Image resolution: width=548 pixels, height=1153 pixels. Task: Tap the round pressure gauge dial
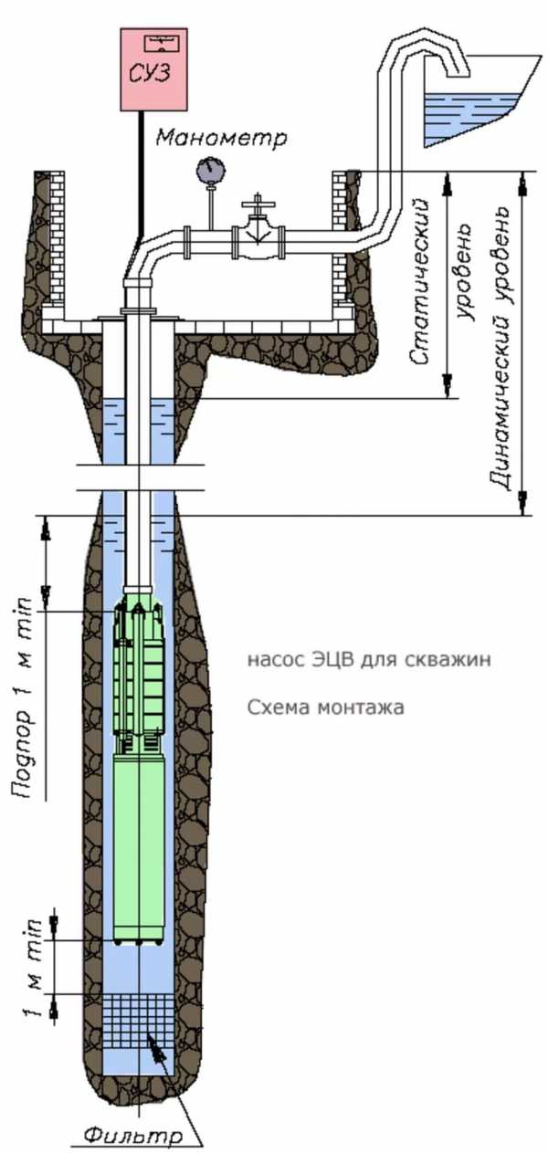[210, 170]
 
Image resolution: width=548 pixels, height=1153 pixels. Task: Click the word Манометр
[221, 138]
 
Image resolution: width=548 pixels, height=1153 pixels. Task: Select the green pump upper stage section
[138, 676]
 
